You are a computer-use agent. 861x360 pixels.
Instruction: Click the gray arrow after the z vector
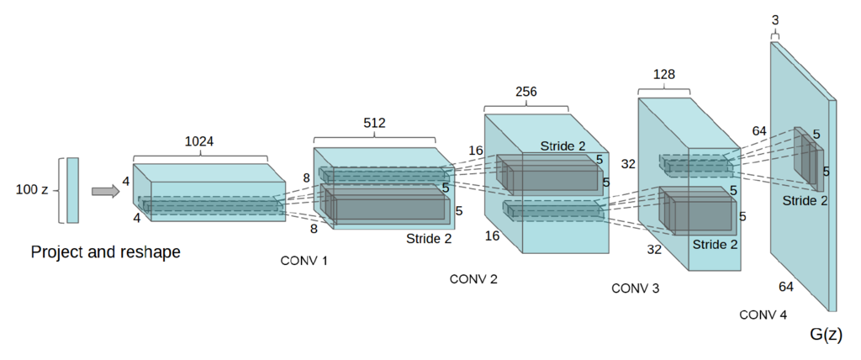tap(104, 192)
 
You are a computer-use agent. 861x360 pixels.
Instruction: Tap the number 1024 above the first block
tap(199, 141)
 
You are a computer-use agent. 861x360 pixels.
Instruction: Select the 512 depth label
tap(374, 123)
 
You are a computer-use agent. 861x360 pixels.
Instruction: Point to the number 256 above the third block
tap(526, 91)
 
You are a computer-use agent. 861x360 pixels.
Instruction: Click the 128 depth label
tap(664, 75)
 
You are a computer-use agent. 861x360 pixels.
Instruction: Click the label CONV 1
tap(304, 261)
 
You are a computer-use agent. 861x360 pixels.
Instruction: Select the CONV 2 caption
tap(473, 279)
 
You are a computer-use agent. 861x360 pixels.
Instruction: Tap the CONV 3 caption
tap(635, 289)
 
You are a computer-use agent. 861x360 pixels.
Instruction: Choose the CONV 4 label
tap(763, 315)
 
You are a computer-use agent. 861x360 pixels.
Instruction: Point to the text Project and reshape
tap(106, 251)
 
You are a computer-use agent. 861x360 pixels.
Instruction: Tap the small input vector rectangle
tap(73, 190)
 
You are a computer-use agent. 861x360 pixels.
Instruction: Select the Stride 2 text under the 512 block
tap(428, 238)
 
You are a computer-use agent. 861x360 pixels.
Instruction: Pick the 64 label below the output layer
tap(786, 287)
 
